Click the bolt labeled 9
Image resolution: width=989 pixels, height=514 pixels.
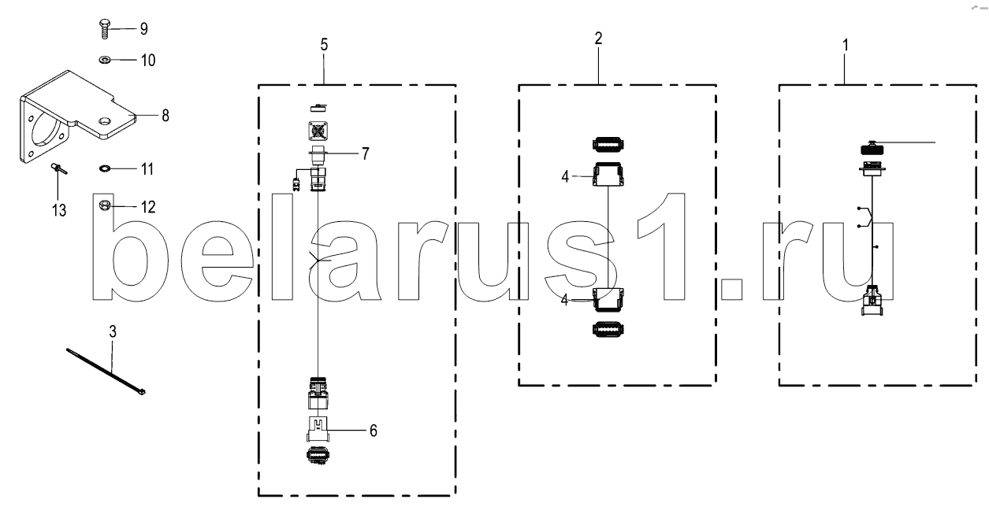(x=105, y=28)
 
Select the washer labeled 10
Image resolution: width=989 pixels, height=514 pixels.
(x=105, y=59)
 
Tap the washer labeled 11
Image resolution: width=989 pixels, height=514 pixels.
(x=105, y=168)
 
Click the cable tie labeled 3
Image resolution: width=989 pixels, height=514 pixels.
(x=106, y=372)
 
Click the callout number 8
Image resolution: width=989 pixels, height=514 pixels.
(x=165, y=116)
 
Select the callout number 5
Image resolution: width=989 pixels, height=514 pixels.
(x=324, y=45)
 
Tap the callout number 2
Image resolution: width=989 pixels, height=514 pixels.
(x=598, y=39)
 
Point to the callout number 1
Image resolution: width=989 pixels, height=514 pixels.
(x=845, y=45)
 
